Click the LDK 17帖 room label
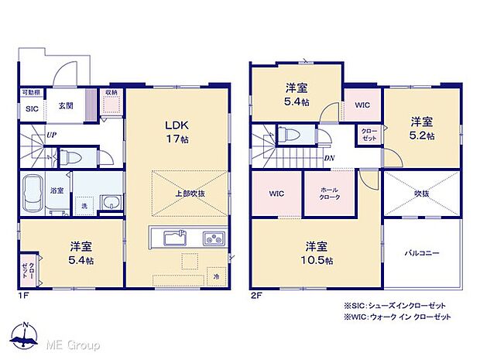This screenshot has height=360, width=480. click(x=177, y=132)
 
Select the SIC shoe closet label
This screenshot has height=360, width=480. click(x=33, y=109)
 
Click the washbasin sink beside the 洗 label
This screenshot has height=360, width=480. click(x=111, y=204)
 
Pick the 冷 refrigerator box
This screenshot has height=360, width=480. click(x=216, y=274)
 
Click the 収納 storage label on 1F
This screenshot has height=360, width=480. click(x=111, y=92)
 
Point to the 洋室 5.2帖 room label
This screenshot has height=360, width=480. click(x=421, y=127)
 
